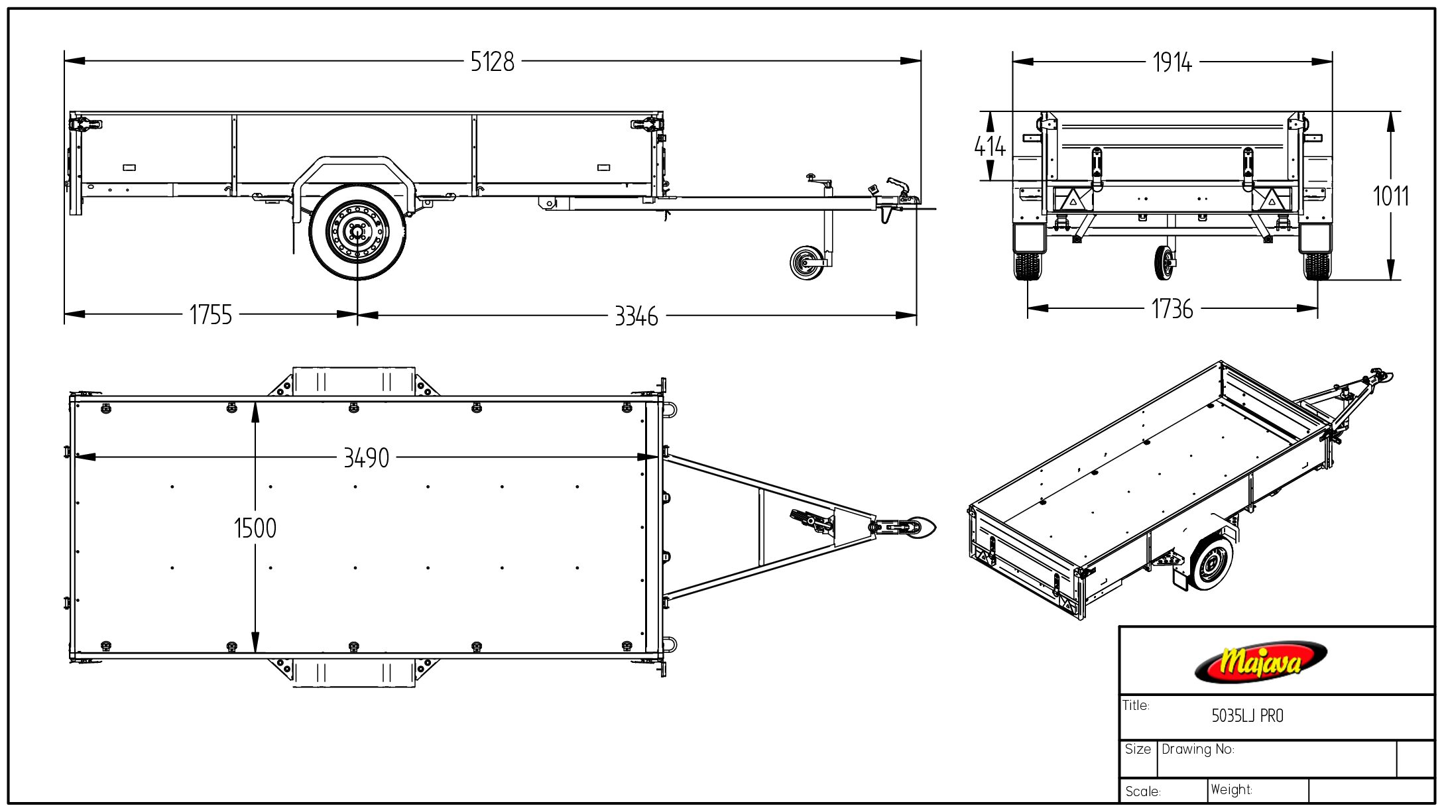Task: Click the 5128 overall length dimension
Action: pyautogui.click(x=492, y=62)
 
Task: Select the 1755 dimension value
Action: pyautogui.click(x=211, y=315)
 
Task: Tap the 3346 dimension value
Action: pyautogui.click(x=636, y=316)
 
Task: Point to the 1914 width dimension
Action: pyautogui.click(x=1172, y=62)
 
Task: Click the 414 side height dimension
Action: pyautogui.click(x=990, y=146)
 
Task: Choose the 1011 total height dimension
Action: pyautogui.click(x=1390, y=196)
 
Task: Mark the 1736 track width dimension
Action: pyautogui.click(x=1172, y=309)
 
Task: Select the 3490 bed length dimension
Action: pyautogui.click(x=366, y=458)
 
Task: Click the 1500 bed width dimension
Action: pyautogui.click(x=255, y=528)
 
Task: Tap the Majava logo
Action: pyautogui.click(x=1260, y=662)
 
